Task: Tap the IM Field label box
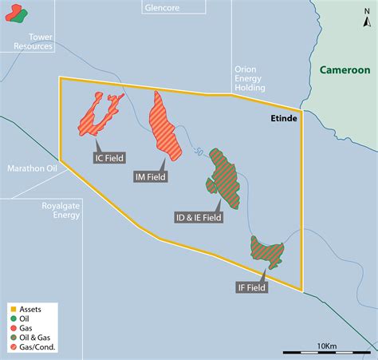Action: point(150,177)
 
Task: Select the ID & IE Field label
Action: point(199,216)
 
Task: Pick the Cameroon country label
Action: point(345,70)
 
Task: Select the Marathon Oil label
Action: point(32,169)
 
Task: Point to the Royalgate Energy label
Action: point(61,210)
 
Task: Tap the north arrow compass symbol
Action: point(366,21)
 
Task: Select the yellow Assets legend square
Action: point(12,307)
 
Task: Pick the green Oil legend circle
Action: point(12,318)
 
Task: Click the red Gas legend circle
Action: point(12,328)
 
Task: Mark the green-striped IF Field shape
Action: point(266,252)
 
